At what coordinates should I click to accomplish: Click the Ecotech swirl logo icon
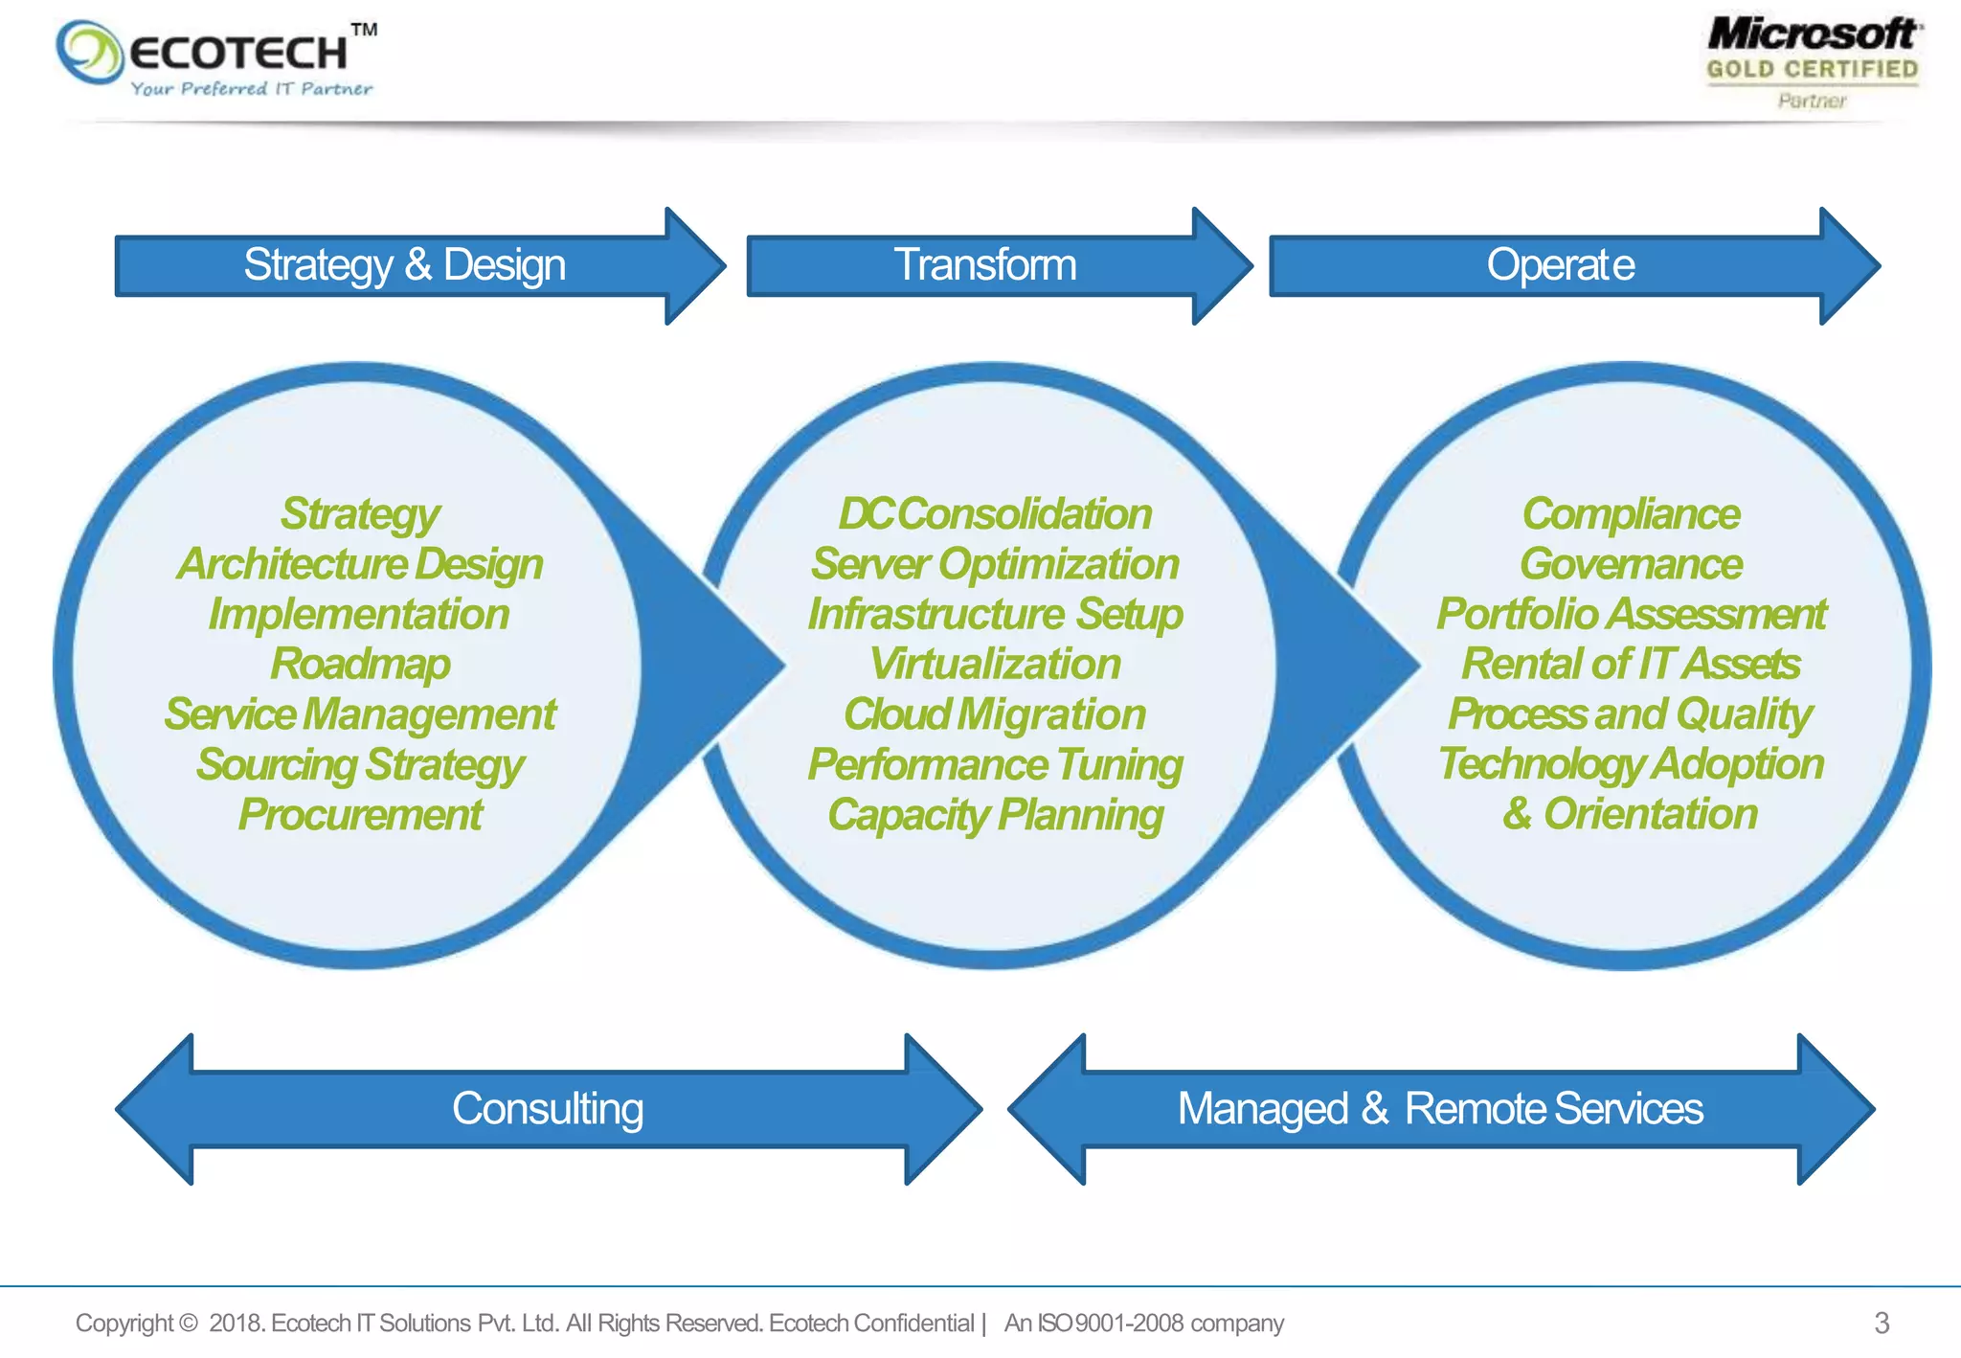pyautogui.click(x=89, y=52)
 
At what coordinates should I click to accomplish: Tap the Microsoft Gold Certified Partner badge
pyautogui.click(x=1813, y=61)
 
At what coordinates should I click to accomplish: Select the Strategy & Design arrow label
pyautogui.click(x=404, y=265)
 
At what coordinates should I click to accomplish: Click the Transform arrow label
pyautogui.click(x=984, y=265)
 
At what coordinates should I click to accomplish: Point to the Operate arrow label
pyautogui.click(x=1560, y=265)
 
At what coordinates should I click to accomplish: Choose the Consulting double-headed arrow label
pyautogui.click(x=548, y=1109)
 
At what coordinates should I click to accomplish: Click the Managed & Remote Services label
pyautogui.click(x=1440, y=1109)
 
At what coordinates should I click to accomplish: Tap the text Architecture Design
pyautogui.click(x=360, y=564)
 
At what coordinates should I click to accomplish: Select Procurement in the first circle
pyautogui.click(x=360, y=815)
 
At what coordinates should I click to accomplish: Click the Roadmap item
pyautogui.click(x=360, y=665)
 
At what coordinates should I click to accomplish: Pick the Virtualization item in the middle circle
pyautogui.click(x=995, y=665)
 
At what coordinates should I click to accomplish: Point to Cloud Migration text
pyautogui.click(x=995, y=714)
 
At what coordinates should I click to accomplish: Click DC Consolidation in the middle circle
pyautogui.click(x=995, y=514)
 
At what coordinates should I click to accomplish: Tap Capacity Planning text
pyautogui.click(x=995, y=815)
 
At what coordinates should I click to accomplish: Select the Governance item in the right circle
pyautogui.click(x=1631, y=564)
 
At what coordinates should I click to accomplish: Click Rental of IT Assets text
pyautogui.click(x=1631, y=665)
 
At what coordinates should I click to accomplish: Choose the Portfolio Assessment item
pyautogui.click(x=1631, y=614)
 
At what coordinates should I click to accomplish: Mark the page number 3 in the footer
pyautogui.click(x=1882, y=1324)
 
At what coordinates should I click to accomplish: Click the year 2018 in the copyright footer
pyautogui.click(x=235, y=1324)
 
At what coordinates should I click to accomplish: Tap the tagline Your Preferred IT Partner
pyautogui.click(x=251, y=89)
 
